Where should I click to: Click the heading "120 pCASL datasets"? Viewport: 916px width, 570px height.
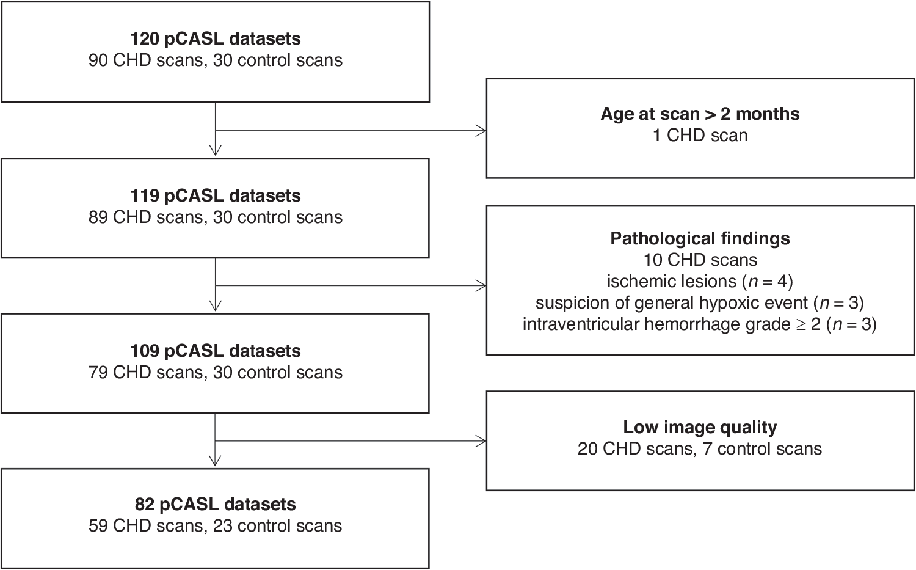click(215, 38)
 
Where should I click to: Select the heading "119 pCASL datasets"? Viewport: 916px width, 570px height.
click(215, 195)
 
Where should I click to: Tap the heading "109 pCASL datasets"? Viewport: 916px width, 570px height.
click(215, 351)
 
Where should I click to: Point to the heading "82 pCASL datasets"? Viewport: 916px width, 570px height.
click(215, 504)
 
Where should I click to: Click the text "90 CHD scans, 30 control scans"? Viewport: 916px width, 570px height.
click(215, 60)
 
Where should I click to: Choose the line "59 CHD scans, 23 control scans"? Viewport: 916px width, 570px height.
click(215, 525)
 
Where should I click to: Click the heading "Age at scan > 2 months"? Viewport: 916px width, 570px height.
click(700, 114)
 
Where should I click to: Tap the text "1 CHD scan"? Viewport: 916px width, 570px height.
click(700, 135)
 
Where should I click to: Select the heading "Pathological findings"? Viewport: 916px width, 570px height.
click(700, 238)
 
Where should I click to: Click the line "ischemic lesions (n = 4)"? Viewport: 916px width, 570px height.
click(700, 281)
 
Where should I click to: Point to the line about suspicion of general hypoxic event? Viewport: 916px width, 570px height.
click(700, 302)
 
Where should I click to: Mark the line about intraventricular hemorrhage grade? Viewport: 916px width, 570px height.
click(700, 324)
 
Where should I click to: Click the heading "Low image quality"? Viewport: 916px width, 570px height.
click(700, 427)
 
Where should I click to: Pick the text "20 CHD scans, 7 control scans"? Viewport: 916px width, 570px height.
click(700, 448)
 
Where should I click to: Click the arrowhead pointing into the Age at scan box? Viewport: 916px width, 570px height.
click(482, 131)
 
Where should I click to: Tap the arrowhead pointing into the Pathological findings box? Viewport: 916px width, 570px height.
click(482, 285)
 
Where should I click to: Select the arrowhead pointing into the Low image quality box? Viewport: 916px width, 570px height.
click(482, 440)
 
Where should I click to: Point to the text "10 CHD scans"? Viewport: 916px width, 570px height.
click(700, 260)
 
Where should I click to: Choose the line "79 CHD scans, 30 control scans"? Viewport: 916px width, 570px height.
click(215, 372)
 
